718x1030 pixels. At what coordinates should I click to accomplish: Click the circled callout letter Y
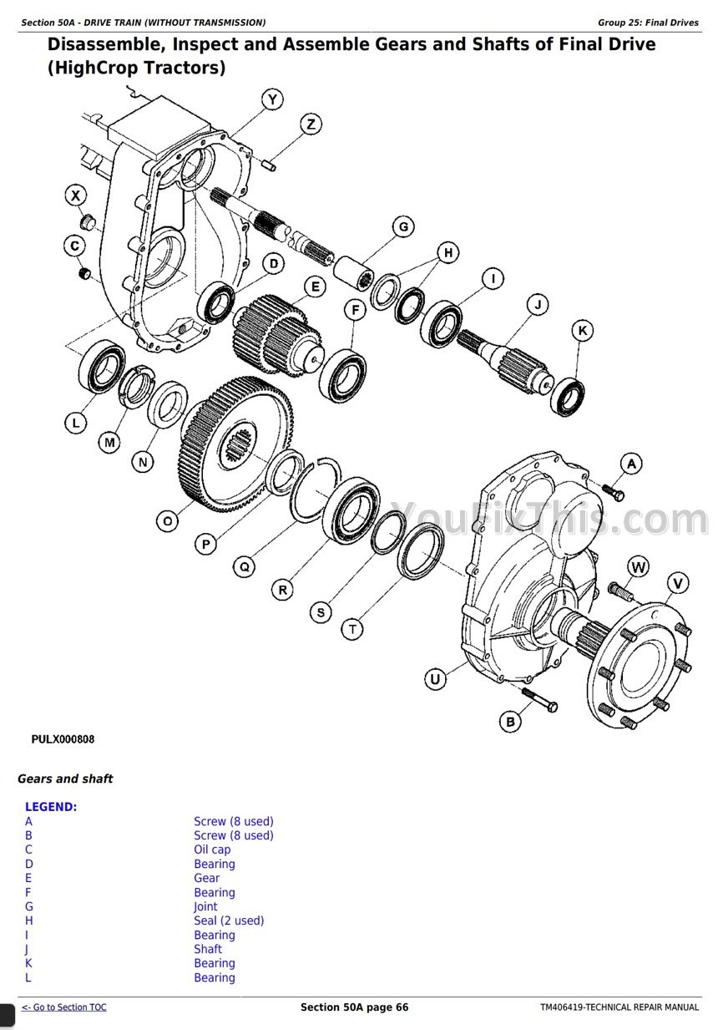pyautogui.click(x=272, y=100)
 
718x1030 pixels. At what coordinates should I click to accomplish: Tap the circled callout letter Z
pyautogui.click(x=310, y=125)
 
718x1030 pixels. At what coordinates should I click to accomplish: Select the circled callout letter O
pyautogui.click(x=168, y=521)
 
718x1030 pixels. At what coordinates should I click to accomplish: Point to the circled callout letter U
pyautogui.click(x=435, y=679)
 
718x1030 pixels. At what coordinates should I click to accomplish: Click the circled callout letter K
pyautogui.click(x=583, y=332)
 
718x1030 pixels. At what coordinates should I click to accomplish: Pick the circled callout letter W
pyautogui.click(x=639, y=568)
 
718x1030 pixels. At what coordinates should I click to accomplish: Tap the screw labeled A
pyautogui.click(x=612, y=492)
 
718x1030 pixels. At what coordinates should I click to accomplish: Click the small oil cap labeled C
pyautogui.click(x=83, y=274)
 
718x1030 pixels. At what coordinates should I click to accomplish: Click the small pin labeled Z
pyautogui.click(x=269, y=165)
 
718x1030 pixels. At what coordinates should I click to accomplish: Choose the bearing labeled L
pyautogui.click(x=102, y=364)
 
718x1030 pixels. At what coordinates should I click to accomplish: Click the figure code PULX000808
pyautogui.click(x=63, y=739)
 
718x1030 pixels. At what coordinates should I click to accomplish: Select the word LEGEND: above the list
pyautogui.click(x=51, y=807)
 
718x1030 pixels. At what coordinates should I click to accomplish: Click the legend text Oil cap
pyautogui.click(x=212, y=850)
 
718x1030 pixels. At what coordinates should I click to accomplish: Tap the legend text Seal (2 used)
pyautogui.click(x=229, y=921)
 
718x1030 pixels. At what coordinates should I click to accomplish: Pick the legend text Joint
pyautogui.click(x=205, y=906)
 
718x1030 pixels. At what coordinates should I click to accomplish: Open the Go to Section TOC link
pyautogui.click(x=64, y=1007)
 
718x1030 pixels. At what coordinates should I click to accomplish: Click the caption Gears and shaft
pyautogui.click(x=65, y=779)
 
